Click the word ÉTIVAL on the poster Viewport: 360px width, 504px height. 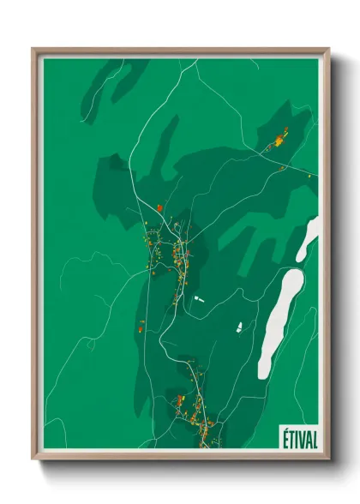tap(297, 438)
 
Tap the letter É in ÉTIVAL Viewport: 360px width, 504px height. tap(282, 438)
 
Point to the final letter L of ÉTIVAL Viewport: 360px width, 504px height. tap(313, 438)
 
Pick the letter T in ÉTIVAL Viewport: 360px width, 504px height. tap(288, 438)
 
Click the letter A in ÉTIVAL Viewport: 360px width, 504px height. tap(306, 438)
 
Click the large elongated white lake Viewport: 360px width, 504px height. tap(279, 321)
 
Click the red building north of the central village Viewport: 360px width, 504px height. tap(159, 207)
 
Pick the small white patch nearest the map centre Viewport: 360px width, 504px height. tap(198, 298)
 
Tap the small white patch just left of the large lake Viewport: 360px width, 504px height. tap(240, 327)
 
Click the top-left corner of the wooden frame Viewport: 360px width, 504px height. tap(33, 49)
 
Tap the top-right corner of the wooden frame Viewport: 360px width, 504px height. tap(328, 49)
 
